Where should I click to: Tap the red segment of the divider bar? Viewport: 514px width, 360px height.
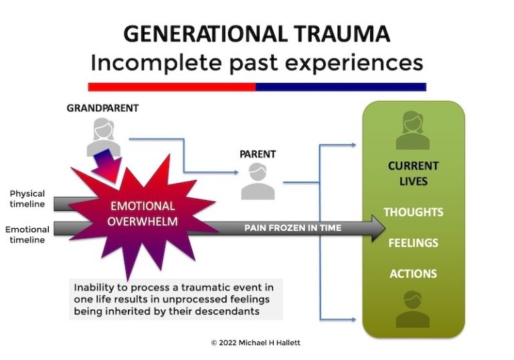click(x=171, y=86)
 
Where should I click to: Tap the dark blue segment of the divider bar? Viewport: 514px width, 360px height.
click(x=341, y=86)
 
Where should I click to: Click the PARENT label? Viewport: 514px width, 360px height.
click(x=258, y=154)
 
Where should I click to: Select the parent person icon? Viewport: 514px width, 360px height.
click(x=258, y=181)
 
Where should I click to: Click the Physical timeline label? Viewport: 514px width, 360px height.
click(x=27, y=199)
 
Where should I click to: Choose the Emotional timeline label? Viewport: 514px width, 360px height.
click(x=27, y=235)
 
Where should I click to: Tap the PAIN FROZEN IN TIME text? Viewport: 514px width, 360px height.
click(x=292, y=228)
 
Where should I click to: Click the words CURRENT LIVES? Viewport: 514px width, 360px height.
click(x=413, y=173)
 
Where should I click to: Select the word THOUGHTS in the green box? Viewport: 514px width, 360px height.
click(x=413, y=212)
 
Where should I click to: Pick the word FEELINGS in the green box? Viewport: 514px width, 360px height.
click(x=413, y=243)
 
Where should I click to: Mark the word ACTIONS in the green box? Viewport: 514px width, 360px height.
click(x=413, y=274)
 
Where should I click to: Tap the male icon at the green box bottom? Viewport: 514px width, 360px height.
click(x=413, y=309)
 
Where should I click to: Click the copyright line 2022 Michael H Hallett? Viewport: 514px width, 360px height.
click(x=257, y=343)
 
